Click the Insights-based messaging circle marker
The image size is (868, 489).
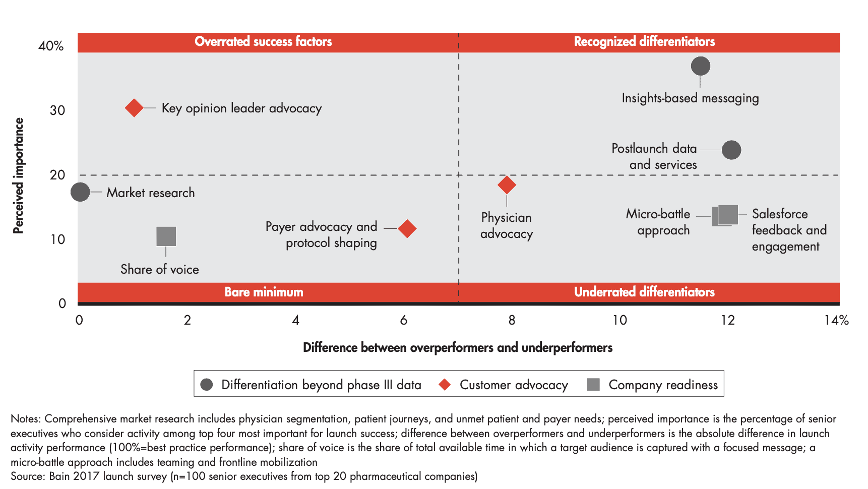pos(701,66)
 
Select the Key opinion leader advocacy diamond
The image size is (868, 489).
pos(134,107)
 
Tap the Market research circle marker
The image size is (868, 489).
pos(80,192)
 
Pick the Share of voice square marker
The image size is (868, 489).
pos(166,236)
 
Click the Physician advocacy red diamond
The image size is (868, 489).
pos(507,185)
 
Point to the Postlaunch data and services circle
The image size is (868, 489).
pos(731,150)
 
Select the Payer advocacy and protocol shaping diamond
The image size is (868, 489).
pos(407,228)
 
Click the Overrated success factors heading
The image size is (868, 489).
pos(263,41)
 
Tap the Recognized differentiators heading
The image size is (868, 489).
pos(644,41)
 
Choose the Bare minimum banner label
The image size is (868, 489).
pos(264,292)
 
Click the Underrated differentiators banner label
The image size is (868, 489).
pos(644,292)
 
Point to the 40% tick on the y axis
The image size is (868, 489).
pos(51,46)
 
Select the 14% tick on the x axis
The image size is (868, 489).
pos(836,320)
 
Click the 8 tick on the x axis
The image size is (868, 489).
pos(512,320)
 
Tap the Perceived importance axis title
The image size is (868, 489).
pos(18,175)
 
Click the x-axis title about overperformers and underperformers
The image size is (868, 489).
pos(458,347)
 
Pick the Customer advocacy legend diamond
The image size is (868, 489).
pos(445,385)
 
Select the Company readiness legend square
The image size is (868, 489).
pos(594,385)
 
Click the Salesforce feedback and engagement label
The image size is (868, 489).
pos(789,230)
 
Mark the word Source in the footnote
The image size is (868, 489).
pos(27,476)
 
